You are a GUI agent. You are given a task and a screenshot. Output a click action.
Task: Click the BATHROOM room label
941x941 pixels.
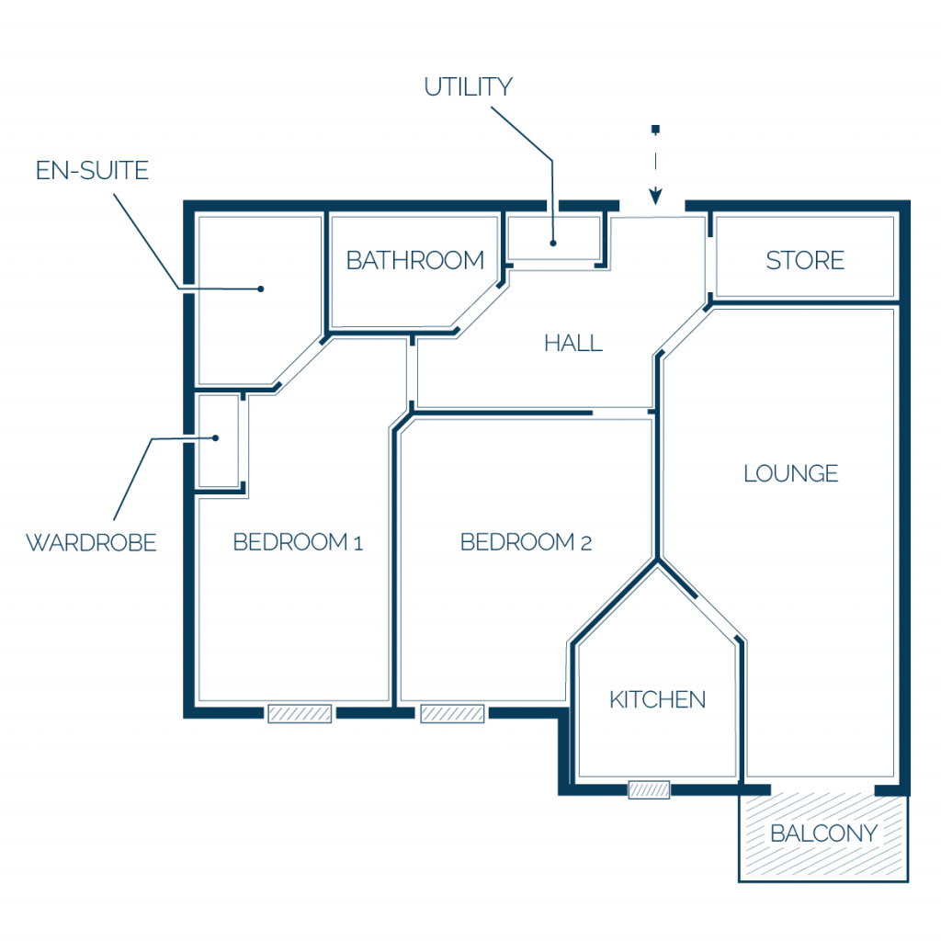pyautogui.click(x=415, y=260)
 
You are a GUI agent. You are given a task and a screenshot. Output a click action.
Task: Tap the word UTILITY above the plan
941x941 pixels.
pyautogui.click(x=468, y=87)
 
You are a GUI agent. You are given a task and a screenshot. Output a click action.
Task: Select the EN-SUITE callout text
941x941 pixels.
pyautogui.click(x=92, y=170)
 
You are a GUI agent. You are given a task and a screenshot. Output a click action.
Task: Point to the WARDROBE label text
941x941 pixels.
pyautogui.click(x=91, y=542)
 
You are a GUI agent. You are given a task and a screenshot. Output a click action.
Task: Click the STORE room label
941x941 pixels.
pyautogui.click(x=805, y=260)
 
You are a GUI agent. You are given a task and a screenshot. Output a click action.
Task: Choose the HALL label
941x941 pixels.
pyautogui.click(x=573, y=344)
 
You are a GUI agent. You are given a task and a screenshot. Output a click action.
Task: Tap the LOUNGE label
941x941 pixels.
pyautogui.click(x=790, y=473)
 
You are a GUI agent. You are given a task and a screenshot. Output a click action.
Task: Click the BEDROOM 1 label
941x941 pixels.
pyautogui.click(x=298, y=542)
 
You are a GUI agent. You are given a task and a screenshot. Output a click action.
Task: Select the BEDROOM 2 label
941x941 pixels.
pyautogui.click(x=526, y=542)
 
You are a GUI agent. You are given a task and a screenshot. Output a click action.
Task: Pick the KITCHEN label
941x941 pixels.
pyautogui.click(x=657, y=699)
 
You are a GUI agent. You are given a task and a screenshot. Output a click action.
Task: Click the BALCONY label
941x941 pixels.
pyautogui.click(x=823, y=833)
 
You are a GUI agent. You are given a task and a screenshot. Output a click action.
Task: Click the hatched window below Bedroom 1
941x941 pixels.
pyautogui.click(x=300, y=713)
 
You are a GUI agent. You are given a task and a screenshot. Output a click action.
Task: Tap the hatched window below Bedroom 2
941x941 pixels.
pyautogui.click(x=452, y=713)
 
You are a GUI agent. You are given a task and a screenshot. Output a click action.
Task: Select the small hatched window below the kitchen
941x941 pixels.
pyautogui.click(x=649, y=789)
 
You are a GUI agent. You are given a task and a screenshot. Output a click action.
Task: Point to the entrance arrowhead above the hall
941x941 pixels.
pyautogui.click(x=655, y=197)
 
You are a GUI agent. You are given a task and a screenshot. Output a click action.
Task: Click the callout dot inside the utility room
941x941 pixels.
pyautogui.click(x=553, y=243)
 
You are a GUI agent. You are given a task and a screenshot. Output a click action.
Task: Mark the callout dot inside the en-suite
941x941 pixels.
pyautogui.click(x=260, y=289)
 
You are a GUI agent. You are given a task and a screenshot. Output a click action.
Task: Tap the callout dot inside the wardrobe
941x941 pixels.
pyautogui.click(x=215, y=438)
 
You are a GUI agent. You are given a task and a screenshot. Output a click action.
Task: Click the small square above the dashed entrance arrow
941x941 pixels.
pyautogui.click(x=655, y=129)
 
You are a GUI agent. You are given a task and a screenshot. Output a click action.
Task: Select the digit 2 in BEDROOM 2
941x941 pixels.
pyautogui.click(x=585, y=544)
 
